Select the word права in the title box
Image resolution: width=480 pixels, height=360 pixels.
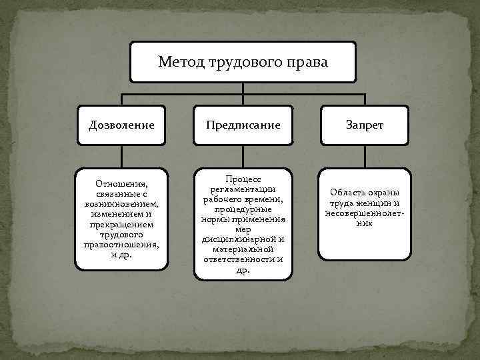[x=307, y=63]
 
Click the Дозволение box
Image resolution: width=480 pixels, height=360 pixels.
[x=121, y=125]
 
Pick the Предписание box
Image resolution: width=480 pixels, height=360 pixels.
[x=242, y=125]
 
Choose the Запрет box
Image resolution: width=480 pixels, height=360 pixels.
[x=364, y=125]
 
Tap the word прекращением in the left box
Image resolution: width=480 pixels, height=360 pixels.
[x=121, y=225]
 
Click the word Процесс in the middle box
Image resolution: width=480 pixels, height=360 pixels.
[x=243, y=180]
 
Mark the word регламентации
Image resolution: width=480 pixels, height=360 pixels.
[x=243, y=189]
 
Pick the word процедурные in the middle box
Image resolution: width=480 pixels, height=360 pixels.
[x=243, y=209]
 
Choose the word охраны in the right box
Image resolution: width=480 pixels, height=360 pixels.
[x=385, y=193]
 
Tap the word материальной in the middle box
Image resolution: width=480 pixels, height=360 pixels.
[x=243, y=249]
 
